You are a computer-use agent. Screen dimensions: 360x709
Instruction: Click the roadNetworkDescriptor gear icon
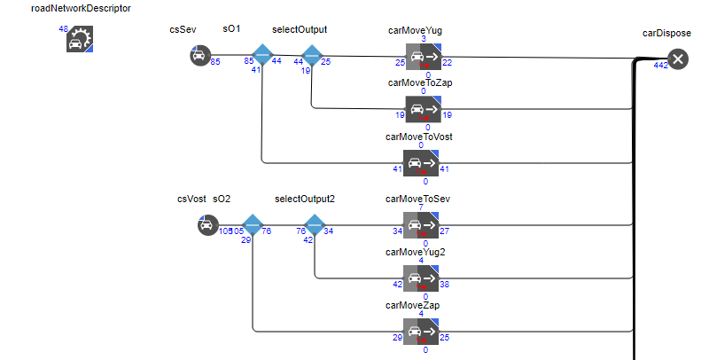pos(80,39)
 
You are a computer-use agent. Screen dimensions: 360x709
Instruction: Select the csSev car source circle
pos(199,57)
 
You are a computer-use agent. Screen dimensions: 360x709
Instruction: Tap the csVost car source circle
pos(207,225)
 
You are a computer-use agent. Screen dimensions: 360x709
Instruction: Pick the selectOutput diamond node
pos(311,57)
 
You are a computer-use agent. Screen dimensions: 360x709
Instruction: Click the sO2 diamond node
pos(253,225)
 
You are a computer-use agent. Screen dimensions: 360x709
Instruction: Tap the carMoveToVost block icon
pos(422,163)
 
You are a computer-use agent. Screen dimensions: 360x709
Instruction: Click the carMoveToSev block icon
pos(422,225)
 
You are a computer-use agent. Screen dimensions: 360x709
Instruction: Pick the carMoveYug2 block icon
pos(422,278)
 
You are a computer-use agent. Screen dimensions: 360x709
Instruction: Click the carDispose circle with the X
pos(678,59)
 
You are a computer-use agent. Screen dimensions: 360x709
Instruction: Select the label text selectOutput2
pos(305,199)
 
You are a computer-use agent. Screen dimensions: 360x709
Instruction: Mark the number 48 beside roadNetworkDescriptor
pos(64,29)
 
